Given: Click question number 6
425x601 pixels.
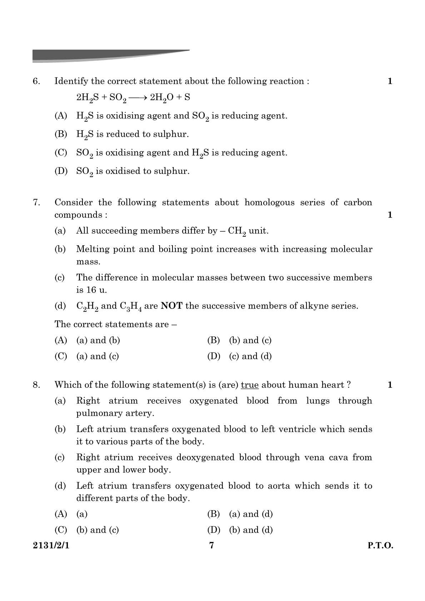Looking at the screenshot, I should pos(36,81).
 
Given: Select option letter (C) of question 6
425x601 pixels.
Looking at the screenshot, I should pos(61,153).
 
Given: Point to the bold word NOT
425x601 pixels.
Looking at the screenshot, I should pos(172,306).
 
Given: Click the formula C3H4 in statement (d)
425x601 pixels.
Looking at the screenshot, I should pos(131,306).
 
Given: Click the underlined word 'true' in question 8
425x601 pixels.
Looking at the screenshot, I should pos(250,385).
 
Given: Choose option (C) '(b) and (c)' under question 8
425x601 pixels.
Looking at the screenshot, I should pos(97,530).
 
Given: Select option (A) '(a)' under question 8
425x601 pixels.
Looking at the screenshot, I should pos(82,514).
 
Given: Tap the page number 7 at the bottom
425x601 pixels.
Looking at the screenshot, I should pos(212,545).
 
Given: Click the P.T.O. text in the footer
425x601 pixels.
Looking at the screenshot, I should pos(380,546).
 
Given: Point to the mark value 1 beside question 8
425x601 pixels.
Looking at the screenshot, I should pos(390,385).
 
